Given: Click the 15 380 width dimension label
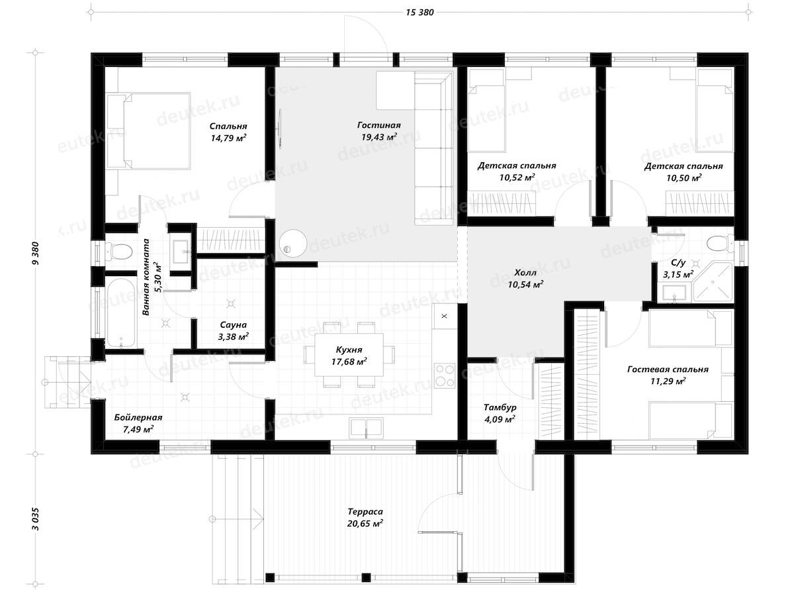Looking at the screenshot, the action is (x=419, y=13).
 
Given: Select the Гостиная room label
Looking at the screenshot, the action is (x=378, y=125).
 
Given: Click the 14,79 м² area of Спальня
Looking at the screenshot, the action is (x=228, y=138).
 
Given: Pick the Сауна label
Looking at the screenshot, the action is (x=233, y=324).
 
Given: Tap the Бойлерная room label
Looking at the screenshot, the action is (x=138, y=417).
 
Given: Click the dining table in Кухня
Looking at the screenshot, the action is (x=349, y=355).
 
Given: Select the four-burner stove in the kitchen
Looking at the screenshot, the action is (x=444, y=375).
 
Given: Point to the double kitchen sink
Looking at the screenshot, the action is (x=366, y=428).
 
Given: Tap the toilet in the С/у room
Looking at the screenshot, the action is (x=721, y=243).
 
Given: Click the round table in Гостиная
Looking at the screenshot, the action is (x=293, y=243).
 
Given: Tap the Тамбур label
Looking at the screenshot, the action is (x=500, y=407).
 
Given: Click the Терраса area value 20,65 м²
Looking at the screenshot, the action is (x=365, y=524).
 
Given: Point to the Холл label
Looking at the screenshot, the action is (x=525, y=273).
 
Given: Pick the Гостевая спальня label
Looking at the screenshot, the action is (x=668, y=370).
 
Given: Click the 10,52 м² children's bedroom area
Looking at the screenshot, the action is (x=517, y=177).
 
